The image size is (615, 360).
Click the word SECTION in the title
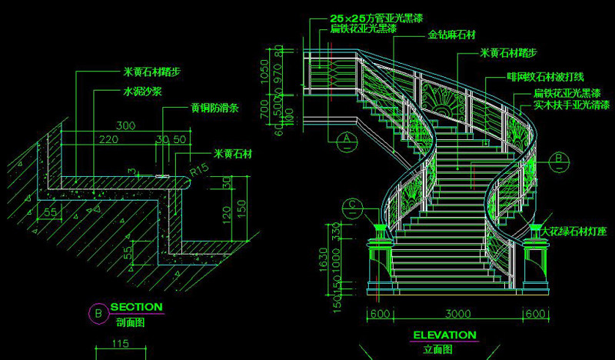pos(137,307)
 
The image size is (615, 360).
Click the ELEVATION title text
pos(445,335)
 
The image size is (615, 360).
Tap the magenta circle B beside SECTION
pos(98,313)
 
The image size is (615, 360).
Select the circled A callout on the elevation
pos(347,138)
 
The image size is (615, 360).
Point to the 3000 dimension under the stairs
pos(457,314)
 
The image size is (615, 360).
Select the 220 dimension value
pos(109,139)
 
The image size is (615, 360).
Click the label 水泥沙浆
pos(142,91)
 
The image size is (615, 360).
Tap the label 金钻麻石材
pos(452,35)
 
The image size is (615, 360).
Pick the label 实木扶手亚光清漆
pos(567,105)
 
